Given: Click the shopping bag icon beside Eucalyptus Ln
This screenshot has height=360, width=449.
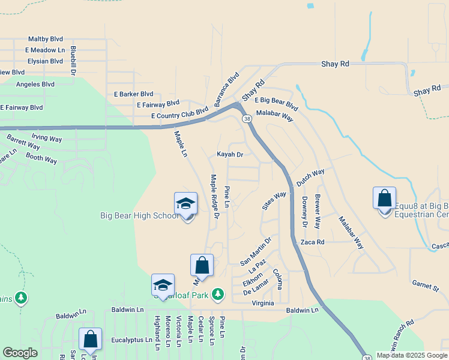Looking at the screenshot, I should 90,339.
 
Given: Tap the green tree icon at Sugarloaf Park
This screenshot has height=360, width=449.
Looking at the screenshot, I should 218,294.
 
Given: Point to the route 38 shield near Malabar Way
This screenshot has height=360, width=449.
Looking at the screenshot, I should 247,119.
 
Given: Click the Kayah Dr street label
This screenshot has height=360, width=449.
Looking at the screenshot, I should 230,154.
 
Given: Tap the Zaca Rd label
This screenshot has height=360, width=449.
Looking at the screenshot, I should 312,242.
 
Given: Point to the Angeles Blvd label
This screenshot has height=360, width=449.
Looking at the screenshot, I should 35,85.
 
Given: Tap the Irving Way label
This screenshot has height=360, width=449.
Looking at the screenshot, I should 46,138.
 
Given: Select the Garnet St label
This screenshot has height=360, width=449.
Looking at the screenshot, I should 425,285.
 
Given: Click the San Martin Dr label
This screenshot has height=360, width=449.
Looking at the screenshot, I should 256,251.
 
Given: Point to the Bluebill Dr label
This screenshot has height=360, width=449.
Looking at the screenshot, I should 73,60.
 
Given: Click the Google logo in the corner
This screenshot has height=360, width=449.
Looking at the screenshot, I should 20,353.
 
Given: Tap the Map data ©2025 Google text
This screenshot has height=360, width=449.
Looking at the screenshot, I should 412,355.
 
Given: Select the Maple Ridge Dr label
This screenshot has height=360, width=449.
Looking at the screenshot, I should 214,192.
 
